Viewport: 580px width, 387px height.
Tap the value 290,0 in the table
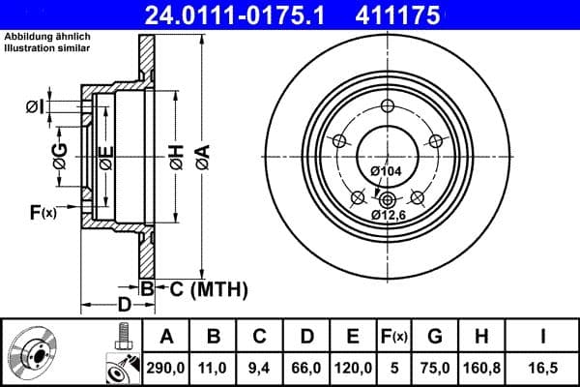click(166, 368)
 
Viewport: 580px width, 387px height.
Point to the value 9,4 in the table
click(260, 368)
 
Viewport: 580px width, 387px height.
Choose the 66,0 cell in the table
click(306, 368)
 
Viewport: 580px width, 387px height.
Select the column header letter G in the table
click(434, 338)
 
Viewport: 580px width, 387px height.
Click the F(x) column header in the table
click(393, 338)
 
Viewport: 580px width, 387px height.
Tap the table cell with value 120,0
click(353, 368)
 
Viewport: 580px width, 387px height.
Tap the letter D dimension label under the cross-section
click(125, 305)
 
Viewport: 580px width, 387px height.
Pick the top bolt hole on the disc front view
click(387, 106)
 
